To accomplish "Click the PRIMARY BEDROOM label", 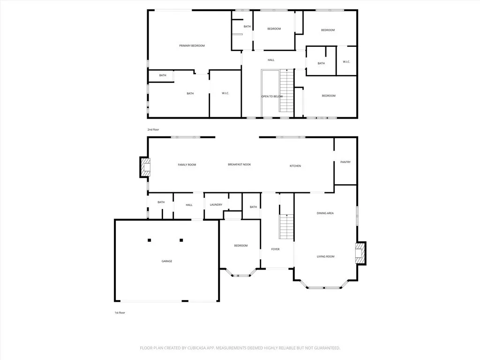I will coord(192,45).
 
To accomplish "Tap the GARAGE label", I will coord(167,261).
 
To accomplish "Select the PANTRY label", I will coord(345,162).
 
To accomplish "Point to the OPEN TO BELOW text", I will coord(272,97).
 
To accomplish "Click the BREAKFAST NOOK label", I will coord(240,165).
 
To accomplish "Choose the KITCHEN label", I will coord(295,166).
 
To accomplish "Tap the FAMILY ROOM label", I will coord(187,165).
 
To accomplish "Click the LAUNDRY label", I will coord(216,205).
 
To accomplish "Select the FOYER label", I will coord(275,249).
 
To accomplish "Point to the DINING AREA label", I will coord(325,213).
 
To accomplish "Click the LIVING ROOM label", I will coord(325,256).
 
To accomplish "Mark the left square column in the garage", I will coord(150,240).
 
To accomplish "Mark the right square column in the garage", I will coord(181,240).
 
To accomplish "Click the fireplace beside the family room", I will coord(145,167).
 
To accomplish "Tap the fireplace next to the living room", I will coord(360,253).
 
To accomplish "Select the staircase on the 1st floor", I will coord(286,227).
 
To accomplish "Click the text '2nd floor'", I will coord(153,129).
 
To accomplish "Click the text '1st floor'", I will coord(120,312).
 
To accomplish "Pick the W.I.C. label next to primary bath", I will coord(225,93).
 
